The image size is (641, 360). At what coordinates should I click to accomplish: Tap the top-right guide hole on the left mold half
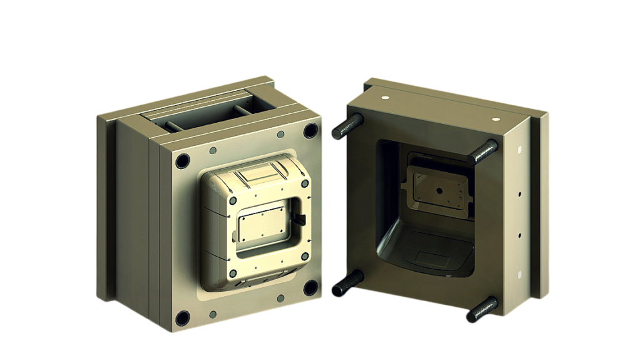click(310, 131)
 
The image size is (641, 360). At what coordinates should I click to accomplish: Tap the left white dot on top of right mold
click(386, 98)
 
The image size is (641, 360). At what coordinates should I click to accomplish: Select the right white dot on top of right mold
click(496, 118)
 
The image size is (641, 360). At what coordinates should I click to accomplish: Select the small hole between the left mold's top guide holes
click(213, 150)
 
